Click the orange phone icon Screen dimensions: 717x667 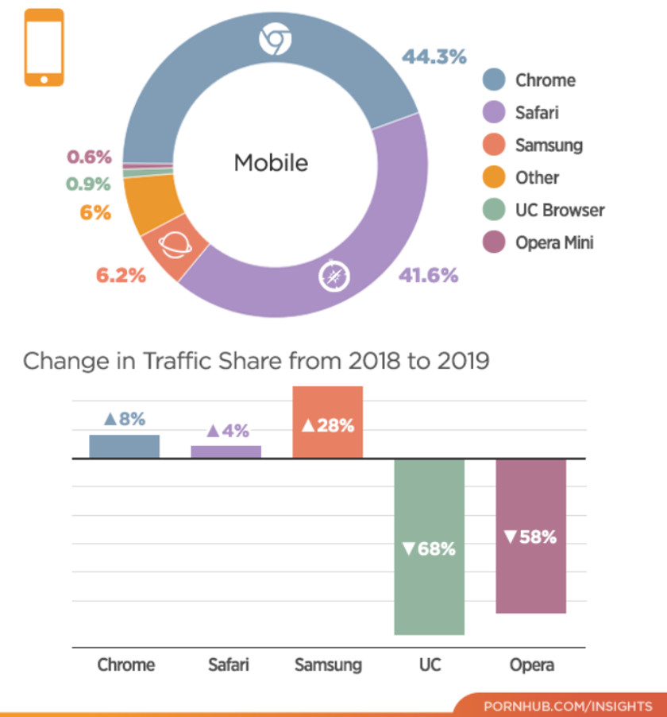tap(44, 47)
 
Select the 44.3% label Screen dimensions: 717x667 tap(434, 56)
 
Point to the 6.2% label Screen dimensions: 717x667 tap(121, 276)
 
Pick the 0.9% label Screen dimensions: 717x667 tap(89, 184)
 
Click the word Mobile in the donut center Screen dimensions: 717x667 tap(271, 163)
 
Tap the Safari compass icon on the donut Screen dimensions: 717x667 tap(333, 275)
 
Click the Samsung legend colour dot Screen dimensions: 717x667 tap(495, 145)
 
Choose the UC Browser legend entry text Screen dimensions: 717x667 tap(560, 210)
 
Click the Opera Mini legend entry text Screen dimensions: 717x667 tap(554, 242)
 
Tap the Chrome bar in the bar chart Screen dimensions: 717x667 tap(124, 446)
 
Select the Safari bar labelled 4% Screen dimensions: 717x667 tap(226, 452)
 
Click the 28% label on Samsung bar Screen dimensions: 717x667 tap(327, 425)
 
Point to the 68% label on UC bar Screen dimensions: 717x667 tap(429, 548)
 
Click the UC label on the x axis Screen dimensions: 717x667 tap(430, 664)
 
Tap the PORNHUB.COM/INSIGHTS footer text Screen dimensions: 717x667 tap(567, 705)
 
